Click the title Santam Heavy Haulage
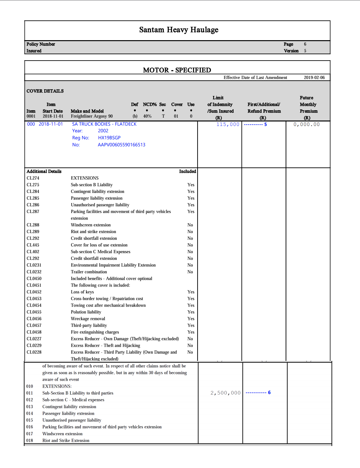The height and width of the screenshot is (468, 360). click(x=179, y=30)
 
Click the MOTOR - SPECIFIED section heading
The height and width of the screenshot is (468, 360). click(x=177, y=70)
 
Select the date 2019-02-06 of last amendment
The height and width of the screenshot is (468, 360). click(x=314, y=77)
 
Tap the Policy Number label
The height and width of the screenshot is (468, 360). click(x=41, y=44)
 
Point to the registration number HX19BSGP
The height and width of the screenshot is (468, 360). click(x=109, y=138)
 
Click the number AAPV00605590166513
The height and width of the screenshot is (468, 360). click(x=121, y=145)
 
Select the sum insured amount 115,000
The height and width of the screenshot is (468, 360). click(x=228, y=124)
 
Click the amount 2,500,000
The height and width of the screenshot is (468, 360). click(x=226, y=393)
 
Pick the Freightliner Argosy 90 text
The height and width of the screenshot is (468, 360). click(x=92, y=116)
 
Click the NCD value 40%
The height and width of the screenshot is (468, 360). click(x=147, y=116)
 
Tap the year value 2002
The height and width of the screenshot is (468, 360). click(x=103, y=131)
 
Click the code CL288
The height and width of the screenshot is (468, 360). click(x=33, y=225)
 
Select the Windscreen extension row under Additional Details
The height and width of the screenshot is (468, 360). click(x=91, y=225)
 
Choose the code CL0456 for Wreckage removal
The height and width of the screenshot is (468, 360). click(x=34, y=319)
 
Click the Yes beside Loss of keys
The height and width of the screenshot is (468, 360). click(x=191, y=292)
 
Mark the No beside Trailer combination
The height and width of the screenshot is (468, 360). click(x=190, y=272)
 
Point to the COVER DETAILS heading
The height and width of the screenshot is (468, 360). click(x=45, y=91)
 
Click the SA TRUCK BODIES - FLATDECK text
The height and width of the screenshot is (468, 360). click(x=104, y=124)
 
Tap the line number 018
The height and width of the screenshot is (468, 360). click(x=30, y=441)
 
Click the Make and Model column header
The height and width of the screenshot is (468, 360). click(x=87, y=111)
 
